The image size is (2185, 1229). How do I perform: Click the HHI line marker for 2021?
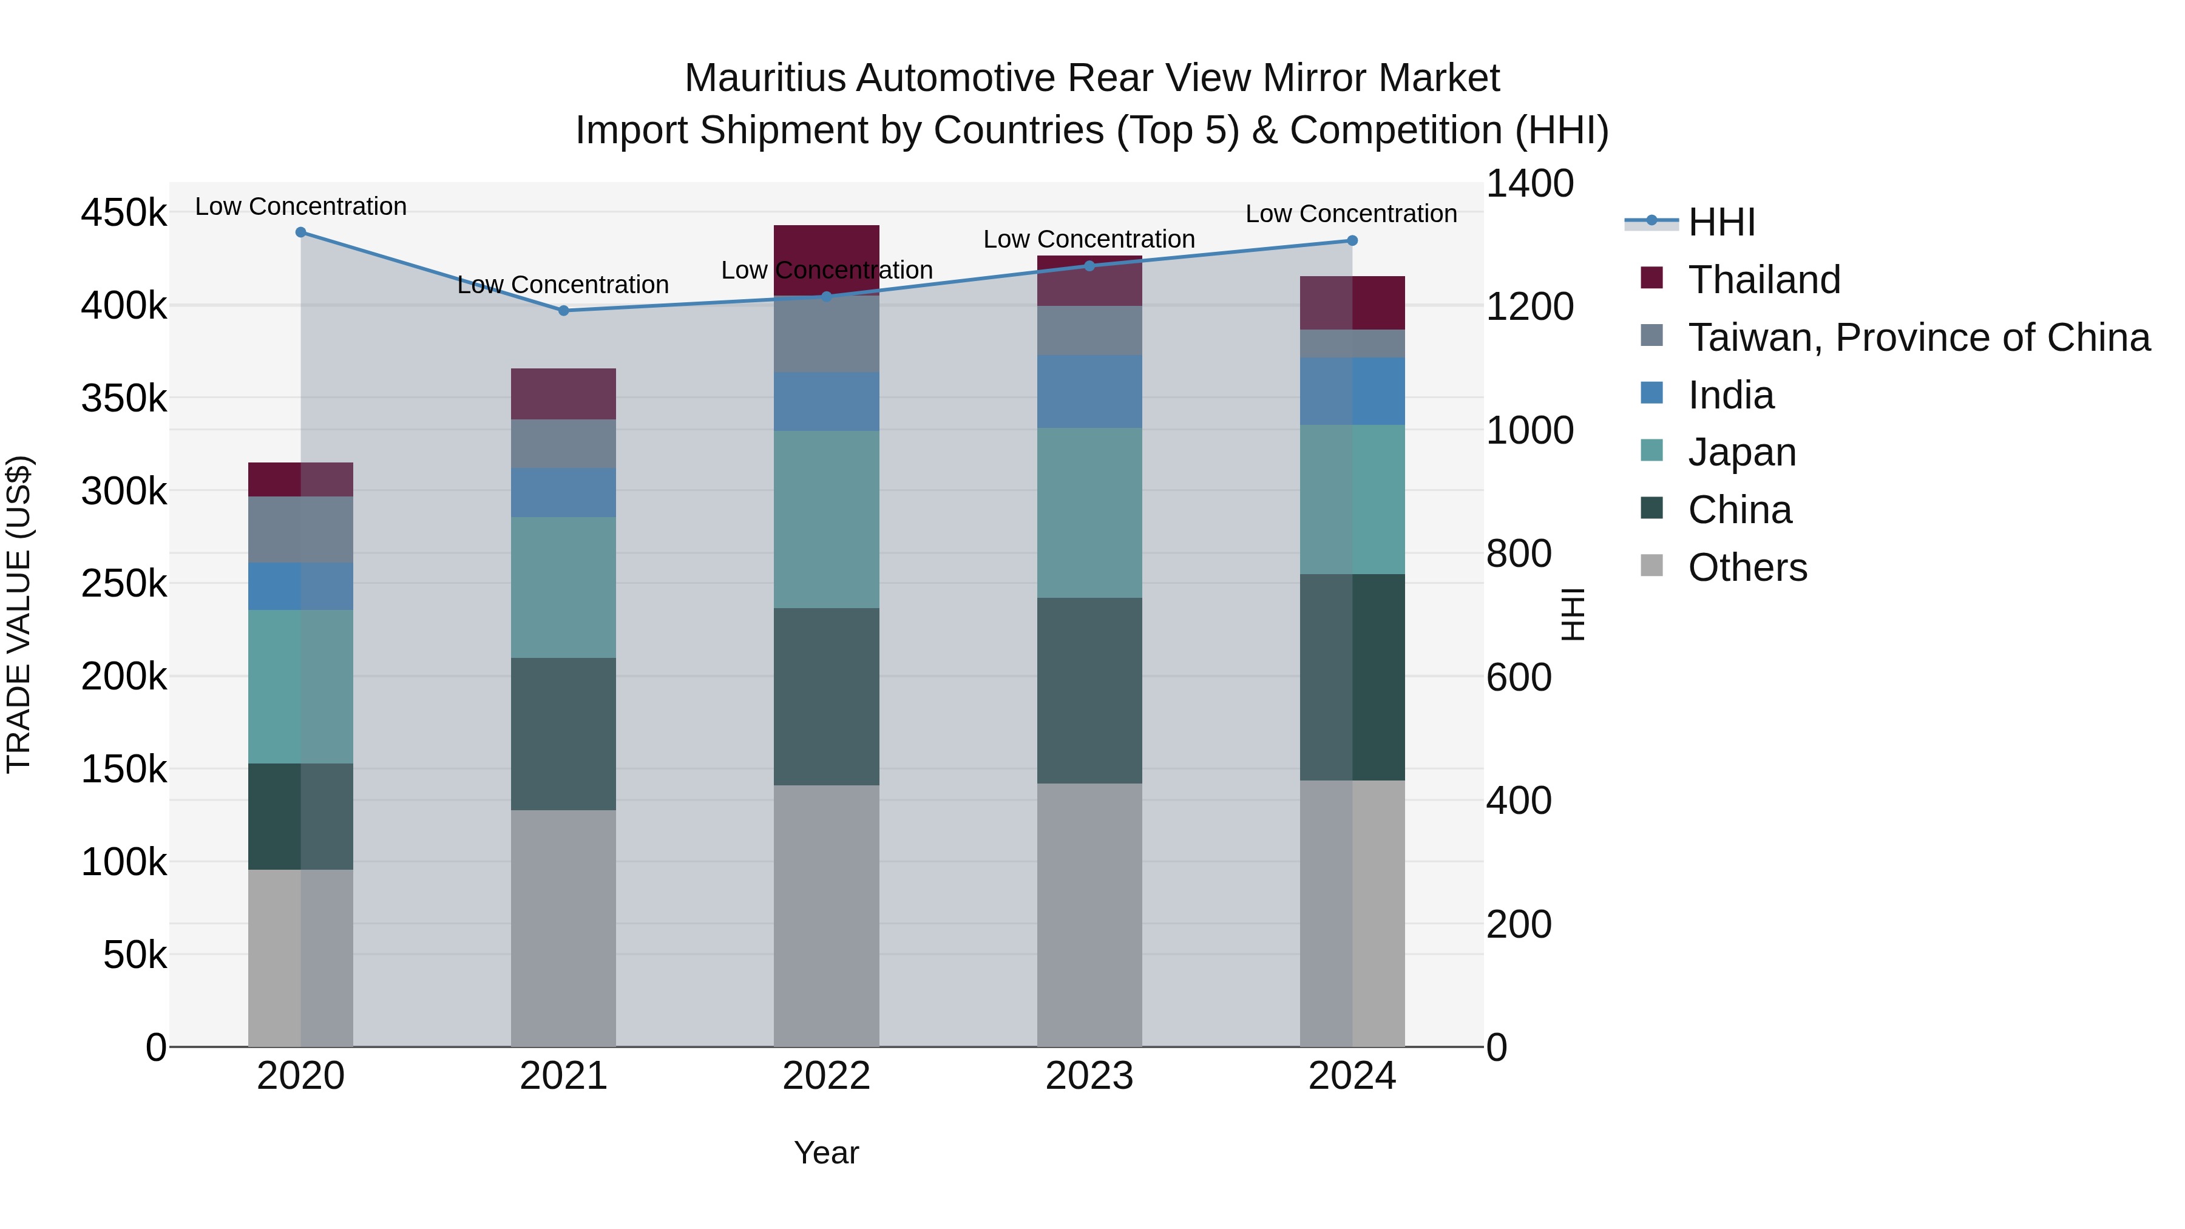coord(563,310)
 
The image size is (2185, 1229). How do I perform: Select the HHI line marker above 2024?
coord(1352,241)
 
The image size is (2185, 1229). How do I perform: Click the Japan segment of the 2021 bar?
coord(563,587)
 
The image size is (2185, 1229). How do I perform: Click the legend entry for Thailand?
coord(1764,280)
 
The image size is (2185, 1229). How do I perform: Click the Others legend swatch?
coord(1651,566)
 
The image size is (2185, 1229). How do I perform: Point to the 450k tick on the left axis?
coord(124,213)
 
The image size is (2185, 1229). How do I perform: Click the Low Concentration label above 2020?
coord(300,206)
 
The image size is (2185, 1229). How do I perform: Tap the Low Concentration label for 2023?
coord(1089,239)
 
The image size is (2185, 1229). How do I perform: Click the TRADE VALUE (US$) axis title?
coord(19,614)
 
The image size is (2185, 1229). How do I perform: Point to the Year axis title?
coord(826,1153)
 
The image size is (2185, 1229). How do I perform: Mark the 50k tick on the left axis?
coord(134,955)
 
